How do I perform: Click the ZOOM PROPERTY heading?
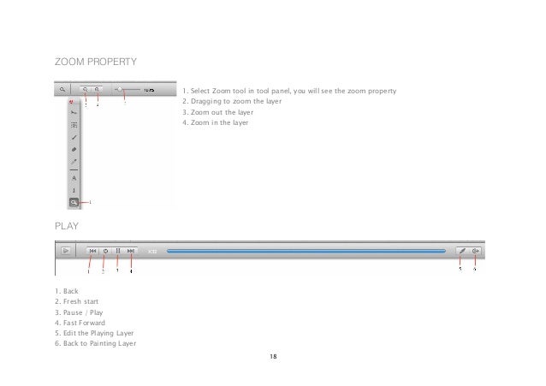[95, 62]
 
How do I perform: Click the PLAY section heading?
[67, 226]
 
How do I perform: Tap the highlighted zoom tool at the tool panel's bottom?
[74, 202]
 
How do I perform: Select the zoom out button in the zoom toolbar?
[86, 88]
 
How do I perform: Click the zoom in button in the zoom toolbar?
[97, 88]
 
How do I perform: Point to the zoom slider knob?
[120, 88]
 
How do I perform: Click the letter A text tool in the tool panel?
[74, 177]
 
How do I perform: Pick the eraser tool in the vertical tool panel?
[74, 148]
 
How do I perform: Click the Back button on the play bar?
[92, 251]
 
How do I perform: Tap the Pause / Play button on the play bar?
[117, 251]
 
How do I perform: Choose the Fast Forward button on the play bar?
[130, 251]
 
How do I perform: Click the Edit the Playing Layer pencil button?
[460, 251]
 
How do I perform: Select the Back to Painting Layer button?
[476, 251]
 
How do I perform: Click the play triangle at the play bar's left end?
[64, 251]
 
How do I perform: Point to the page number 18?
[272, 355]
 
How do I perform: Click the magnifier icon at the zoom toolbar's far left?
[62, 88]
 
